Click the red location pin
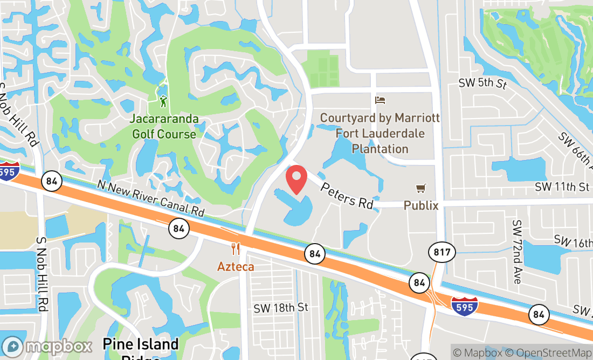click(x=296, y=179)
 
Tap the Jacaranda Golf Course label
click(x=164, y=126)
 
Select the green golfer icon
click(x=163, y=101)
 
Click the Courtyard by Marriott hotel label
click(x=380, y=133)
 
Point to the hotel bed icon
click(x=380, y=100)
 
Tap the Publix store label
click(x=421, y=205)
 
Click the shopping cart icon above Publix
click(x=421, y=189)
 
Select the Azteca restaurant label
click(x=236, y=266)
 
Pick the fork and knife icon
click(x=236, y=249)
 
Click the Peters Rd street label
click(x=347, y=195)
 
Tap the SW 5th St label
click(x=482, y=84)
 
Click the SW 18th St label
click(x=281, y=307)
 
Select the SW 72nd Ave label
click(x=518, y=252)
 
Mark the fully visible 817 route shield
click(x=443, y=252)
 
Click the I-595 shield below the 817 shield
click(x=464, y=306)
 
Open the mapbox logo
click(x=47, y=346)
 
